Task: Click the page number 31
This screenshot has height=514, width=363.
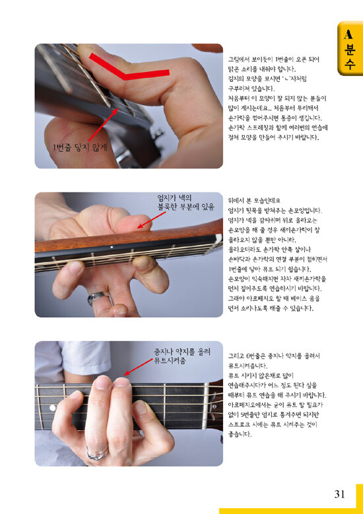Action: pos(339,494)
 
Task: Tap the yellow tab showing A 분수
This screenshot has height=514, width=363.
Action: pos(350,48)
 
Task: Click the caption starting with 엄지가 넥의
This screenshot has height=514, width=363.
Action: pos(185,202)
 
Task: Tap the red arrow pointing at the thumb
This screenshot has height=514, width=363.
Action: pos(151,219)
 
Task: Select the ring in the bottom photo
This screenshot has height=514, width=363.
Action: pos(96,453)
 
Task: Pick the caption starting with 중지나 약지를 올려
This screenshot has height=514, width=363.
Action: pos(182,356)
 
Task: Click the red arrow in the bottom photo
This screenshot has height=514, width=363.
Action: pos(138,367)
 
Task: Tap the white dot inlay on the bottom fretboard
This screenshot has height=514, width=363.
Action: pos(52,408)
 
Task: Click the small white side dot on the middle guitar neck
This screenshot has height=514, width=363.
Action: pos(112,246)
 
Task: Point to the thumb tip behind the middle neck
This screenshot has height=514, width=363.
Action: pos(137,223)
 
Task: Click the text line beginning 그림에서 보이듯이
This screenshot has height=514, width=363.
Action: pos(273,59)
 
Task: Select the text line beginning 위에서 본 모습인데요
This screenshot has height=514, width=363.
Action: pos(254,201)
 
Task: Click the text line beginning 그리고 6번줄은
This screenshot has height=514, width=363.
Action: pos(274,356)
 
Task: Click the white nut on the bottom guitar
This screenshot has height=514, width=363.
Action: pos(206,406)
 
